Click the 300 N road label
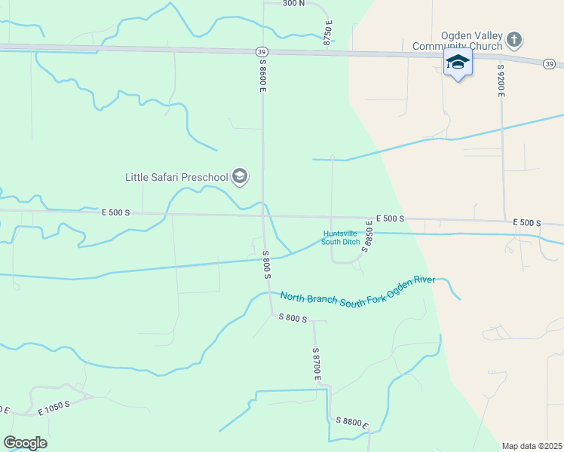point(293,3)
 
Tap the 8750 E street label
point(327,35)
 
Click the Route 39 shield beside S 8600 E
point(261,51)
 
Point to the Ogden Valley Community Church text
point(457,41)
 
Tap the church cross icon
point(513,39)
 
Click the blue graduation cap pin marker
point(458,62)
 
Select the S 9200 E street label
point(500,80)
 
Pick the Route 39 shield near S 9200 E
point(548,64)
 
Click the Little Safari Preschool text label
point(176,178)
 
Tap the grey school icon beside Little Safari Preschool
point(240,177)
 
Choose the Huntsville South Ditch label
point(341,237)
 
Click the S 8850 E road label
point(368,235)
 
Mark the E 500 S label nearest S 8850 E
point(390,218)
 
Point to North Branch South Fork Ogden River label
point(357,289)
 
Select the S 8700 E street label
point(317,362)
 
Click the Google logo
point(25,443)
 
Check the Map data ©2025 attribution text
point(532,446)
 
